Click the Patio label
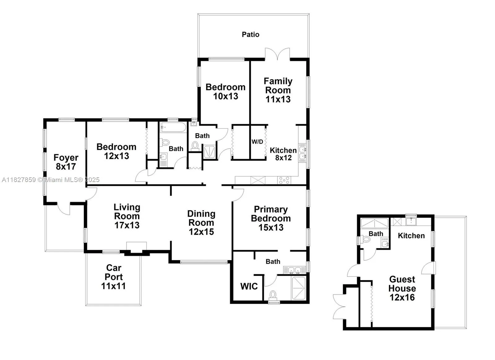click(x=250, y=34)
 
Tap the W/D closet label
click(x=257, y=142)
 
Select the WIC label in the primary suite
click(x=249, y=286)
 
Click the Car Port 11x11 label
click(x=114, y=277)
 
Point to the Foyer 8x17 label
click(x=66, y=162)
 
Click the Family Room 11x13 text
click(x=278, y=90)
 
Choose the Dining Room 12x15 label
click(x=201, y=223)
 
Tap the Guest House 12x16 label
click(x=402, y=288)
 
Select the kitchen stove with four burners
click(x=284, y=180)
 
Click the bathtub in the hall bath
click(x=173, y=127)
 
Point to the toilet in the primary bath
click(x=273, y=295)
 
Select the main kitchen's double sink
click(x=302, y=153)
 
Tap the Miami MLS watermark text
click(x=51, y=180)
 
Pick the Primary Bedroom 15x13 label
click(x=271, y=218)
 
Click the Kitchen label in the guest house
click(x=411, y=236)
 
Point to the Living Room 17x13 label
click(x=127, y=216)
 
